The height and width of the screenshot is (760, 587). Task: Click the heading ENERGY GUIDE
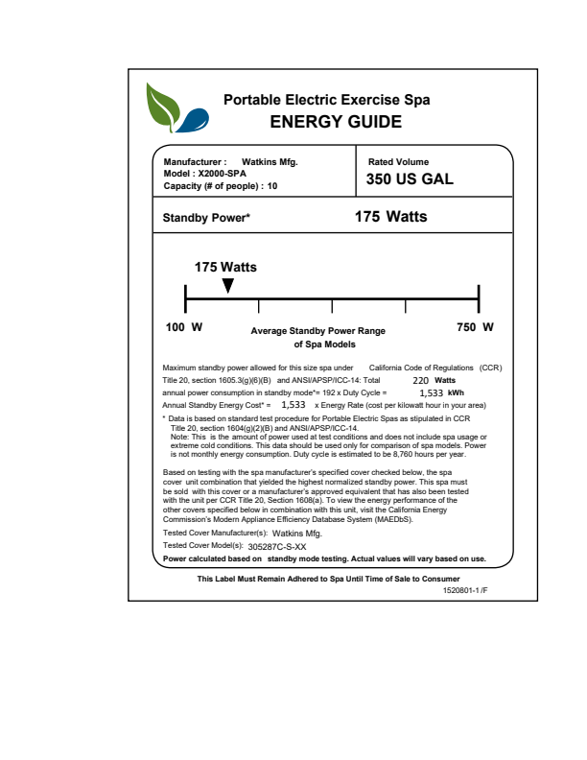tap(335, 122)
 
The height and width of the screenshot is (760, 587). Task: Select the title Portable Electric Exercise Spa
tap(326, 100)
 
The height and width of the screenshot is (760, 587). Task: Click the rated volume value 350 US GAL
tap(410, 179)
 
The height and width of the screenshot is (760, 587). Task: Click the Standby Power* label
tap(206, 218)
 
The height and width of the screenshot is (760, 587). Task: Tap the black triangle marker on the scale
tap(227, 286)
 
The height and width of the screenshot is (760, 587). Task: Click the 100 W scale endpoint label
tap(184, 328)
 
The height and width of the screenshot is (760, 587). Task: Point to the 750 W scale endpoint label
tap(475, 328)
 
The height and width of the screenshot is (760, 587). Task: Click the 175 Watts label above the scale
tap(225, 267)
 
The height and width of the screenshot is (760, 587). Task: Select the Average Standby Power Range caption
tap(317, 331)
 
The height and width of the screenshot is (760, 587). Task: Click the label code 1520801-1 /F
tap(466, 590)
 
